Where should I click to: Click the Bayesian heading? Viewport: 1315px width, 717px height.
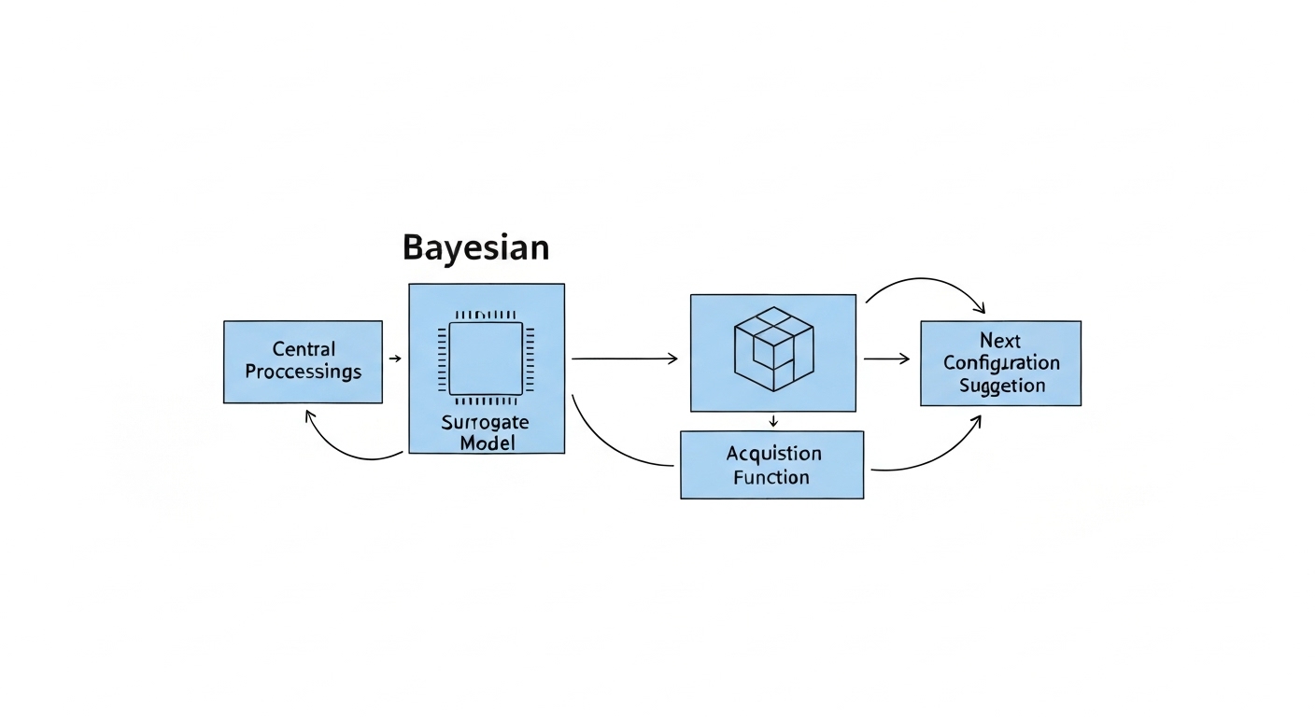(475, 247)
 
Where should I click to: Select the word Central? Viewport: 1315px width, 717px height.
(304, 349)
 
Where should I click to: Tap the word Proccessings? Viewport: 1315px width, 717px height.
(304, 372)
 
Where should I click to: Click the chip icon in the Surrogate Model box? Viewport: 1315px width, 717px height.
(486, 359)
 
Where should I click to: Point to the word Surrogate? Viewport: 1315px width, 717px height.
(485, 422)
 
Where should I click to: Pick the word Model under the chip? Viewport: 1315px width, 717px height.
(487, 443)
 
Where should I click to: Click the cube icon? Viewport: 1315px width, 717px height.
(772, 350)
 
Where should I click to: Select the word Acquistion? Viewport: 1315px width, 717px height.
(774, 454)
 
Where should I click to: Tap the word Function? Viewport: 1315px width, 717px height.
(771, 477)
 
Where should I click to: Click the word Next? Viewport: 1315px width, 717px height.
(1000, 340)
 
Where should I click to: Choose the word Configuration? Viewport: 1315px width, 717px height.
(1001, 362)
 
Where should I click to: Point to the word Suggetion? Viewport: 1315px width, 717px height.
(1001, 386)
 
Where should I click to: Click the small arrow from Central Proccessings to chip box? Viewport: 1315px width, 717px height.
(395, 358)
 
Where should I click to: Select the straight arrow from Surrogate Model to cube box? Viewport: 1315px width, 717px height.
(624, 358)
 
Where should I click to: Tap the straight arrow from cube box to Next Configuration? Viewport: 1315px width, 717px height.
(886, 358)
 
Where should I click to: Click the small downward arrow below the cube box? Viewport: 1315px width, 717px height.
(772, 421)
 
